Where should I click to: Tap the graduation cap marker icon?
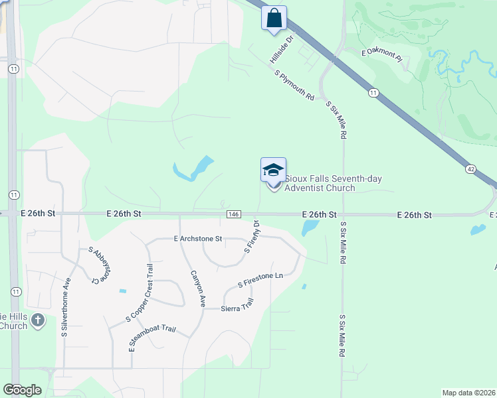[273, 170]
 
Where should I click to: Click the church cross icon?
[39, 320]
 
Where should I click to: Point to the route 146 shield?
[233, 214]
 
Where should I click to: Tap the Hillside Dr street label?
[282, 50]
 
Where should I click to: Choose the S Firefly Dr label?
[252, 236]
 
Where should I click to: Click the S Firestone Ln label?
[260, 280]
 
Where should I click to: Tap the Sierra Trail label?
[237, 305]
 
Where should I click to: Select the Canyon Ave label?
[198, 287]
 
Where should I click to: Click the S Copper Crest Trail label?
[140, 293]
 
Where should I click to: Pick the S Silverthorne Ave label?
[66, 307]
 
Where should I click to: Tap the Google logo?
[22, 389]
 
